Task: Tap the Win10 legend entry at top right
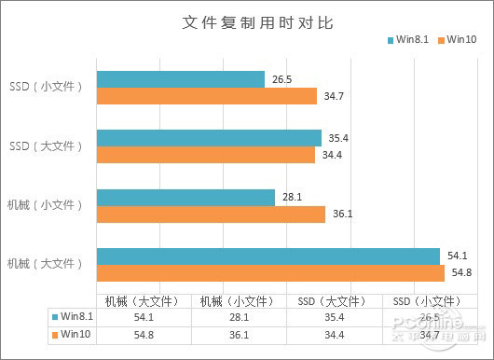(x=457, y=39)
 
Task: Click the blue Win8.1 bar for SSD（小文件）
(x=181, y=79)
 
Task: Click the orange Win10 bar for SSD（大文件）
(x=205, y=154)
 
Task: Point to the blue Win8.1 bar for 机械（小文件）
(x=185, y=197)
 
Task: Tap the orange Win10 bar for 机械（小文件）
(x=211, y=214)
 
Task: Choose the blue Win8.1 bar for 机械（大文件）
(x=268, y=256)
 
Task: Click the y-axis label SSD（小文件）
(x=46, y=88)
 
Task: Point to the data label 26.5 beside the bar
(x=282, y=79)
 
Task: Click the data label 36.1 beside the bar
(x=342, y=214)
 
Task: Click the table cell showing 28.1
(x=235, y=317)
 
